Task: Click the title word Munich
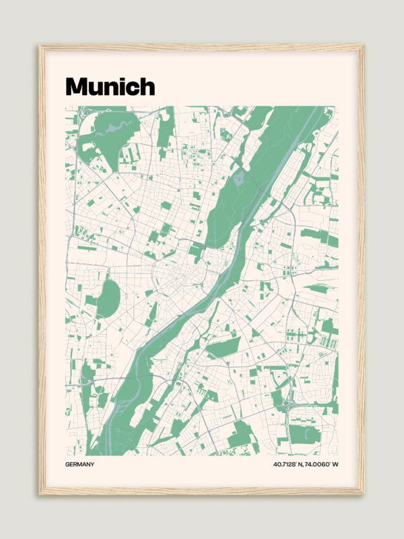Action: (110, 86)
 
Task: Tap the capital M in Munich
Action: (76, 86)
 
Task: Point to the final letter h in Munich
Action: (147, 86)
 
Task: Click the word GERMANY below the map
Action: (80, 464)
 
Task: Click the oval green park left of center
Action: (108, 298)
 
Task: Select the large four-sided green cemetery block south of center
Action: (224, 348)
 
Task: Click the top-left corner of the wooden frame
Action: (41, 46)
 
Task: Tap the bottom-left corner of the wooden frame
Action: (41, 493)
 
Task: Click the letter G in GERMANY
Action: (68, 464)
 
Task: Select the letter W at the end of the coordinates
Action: (335, 464)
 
